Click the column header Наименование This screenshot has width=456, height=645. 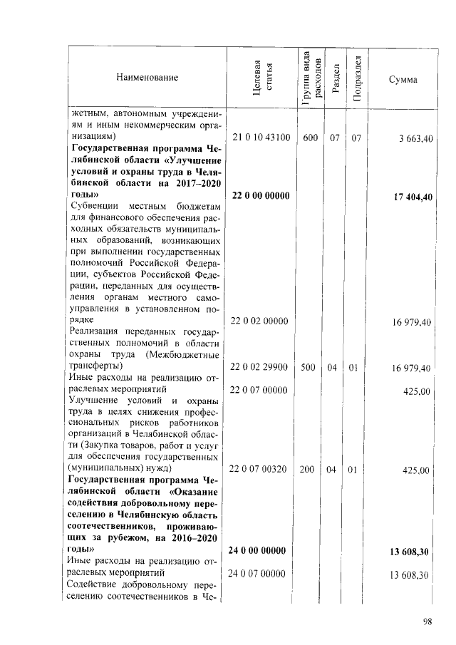pyautogui.click(x=147, y=77)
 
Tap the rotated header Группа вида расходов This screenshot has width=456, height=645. pyautogui.click(x=311, y=77)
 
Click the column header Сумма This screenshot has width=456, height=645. pyautogui.click(x=403, y=78)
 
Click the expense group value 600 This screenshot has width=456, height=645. pyautogui.click(x=310, y=138)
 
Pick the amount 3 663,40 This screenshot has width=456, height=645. pyautogui.click(x=413, y=138)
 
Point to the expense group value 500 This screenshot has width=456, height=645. pyautogui.click(x=310, y=367)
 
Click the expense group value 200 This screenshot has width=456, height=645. pyautogui.click(x=310, y=470)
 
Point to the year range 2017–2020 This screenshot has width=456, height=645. pyautogui.click(x=192, y=183)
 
